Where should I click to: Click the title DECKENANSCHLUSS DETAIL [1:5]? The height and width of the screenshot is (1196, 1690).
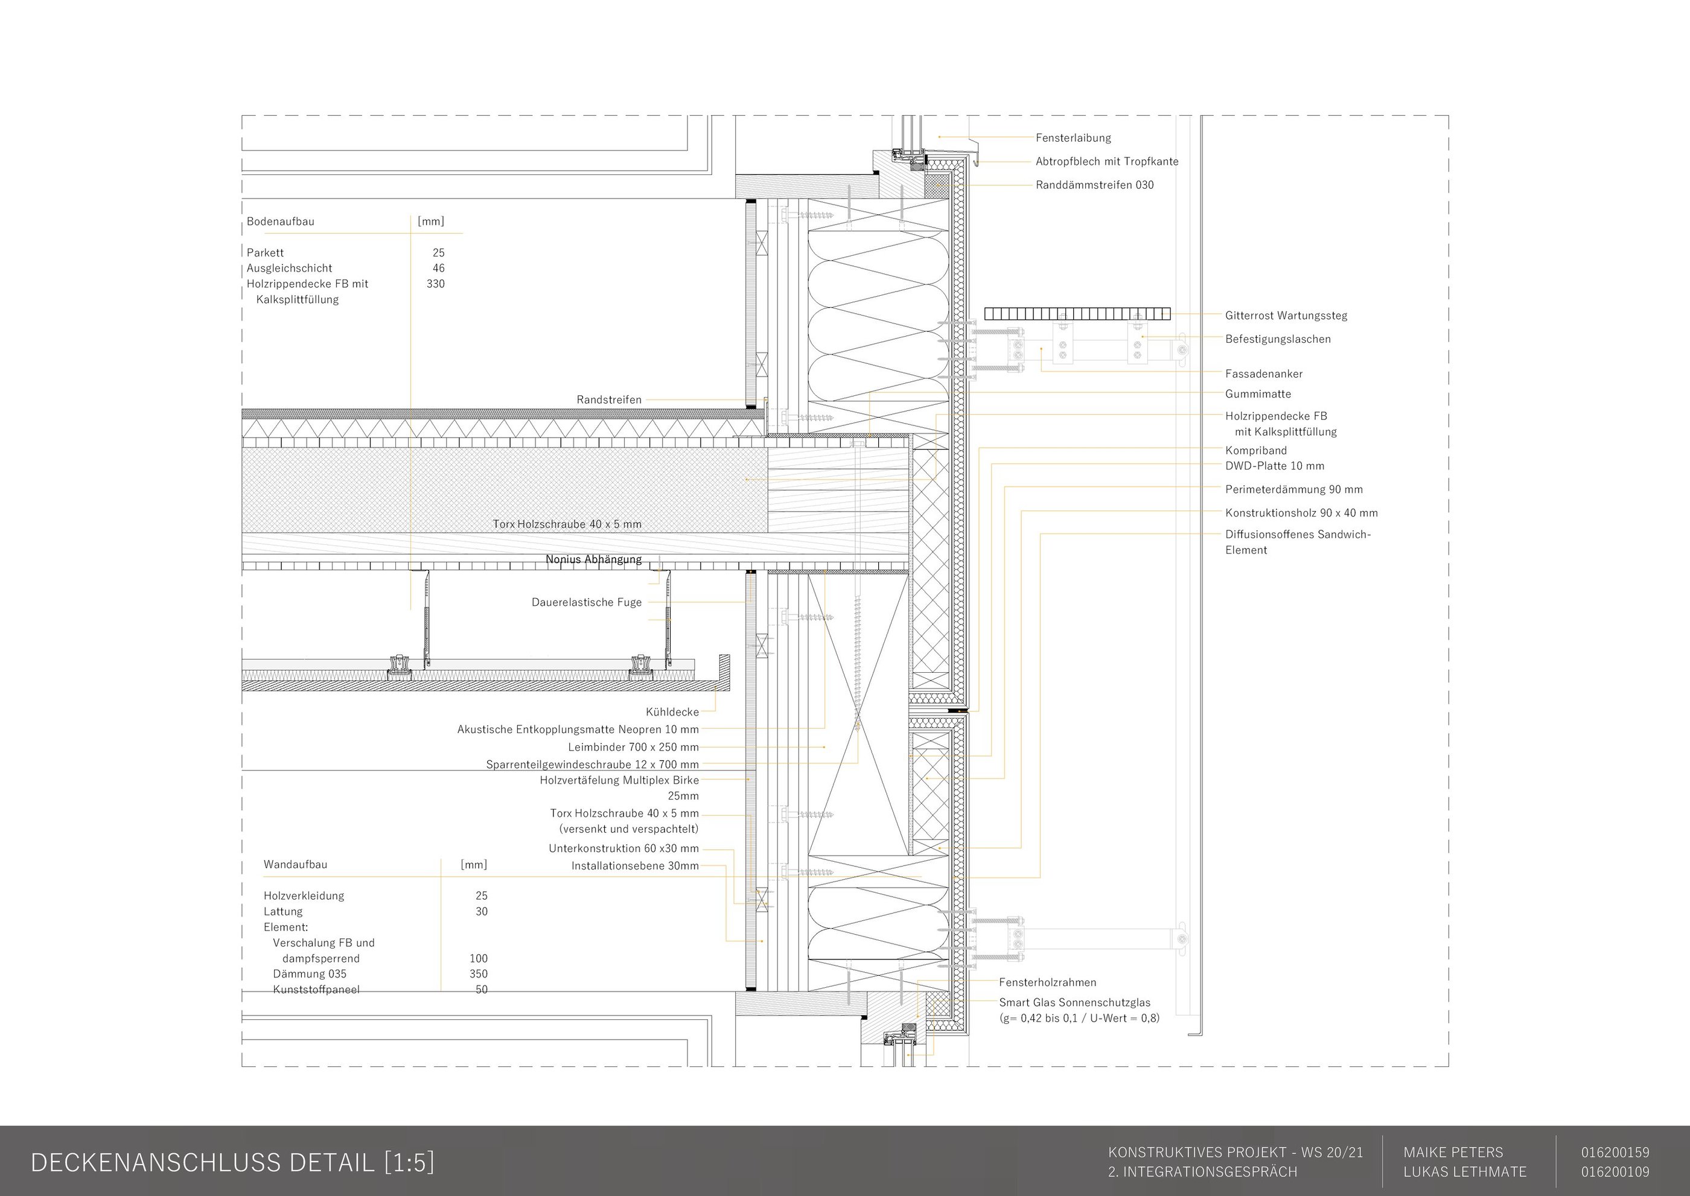pyautogui.click(x=232, y=1162)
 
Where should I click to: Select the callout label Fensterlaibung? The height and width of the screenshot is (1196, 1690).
pyautogui.click(x=1073, y=138)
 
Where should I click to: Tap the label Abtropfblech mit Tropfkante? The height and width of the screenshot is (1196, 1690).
pyautogui.click(x=1106, y=161)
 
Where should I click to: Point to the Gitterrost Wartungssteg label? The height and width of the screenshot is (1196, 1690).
pyautogui.click(x=1286, y=315)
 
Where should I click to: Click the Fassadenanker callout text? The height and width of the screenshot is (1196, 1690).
pyautogui.click(x=1263, y=374)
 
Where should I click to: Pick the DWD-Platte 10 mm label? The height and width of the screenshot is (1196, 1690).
pyautogui.click(x=1275, y=465)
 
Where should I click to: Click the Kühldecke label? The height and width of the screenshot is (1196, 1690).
pyautogui.click(x=672, y=712)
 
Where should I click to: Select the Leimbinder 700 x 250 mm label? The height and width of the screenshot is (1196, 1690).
pyautogui.click(x=633, y=747)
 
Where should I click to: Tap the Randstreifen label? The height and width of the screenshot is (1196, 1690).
pyautogui.click(x=608, y=399)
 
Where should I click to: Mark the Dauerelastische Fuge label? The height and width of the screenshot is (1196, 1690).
pyautogui.click(x=587, y=602)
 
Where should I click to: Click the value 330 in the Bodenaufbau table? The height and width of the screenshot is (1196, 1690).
pyautogui.click(x=435, y=284)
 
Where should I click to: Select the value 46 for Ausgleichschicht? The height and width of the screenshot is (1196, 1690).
pyautogui.click(x=438, y=268)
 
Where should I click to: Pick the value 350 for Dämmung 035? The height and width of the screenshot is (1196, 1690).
pyautogui.click(x=478, y=973)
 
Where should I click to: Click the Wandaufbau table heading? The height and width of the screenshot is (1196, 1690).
pyautogui.click(x=295, y=864)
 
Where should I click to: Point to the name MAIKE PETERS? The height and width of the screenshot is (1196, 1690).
pyautogui.click(x=1453, y=1153)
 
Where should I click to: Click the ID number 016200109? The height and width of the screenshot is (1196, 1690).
pyautogui.click(x=1615, y=1172)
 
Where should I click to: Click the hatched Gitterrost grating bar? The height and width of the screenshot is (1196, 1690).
pyautogui.click(x=1076, y=314)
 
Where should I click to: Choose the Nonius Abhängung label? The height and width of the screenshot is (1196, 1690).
pyautogui.click(x=593, y=559)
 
